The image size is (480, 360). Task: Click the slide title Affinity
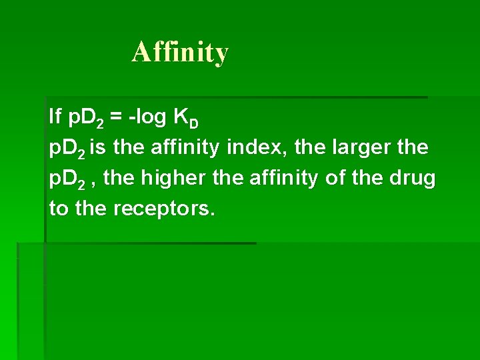click(x=180, y=52)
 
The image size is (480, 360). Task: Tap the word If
click(x=55, y=117)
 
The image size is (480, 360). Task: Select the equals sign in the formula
click(x=116, y=118)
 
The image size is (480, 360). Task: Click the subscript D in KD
click(x=194, y=124)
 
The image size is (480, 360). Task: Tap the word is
click(x=99, y=148)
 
